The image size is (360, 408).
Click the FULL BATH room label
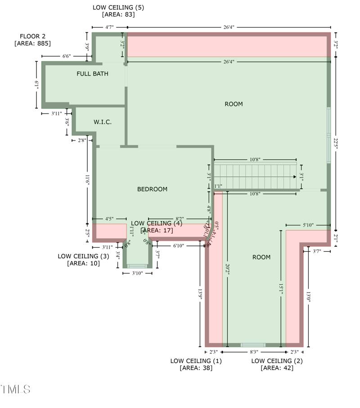(92, 73)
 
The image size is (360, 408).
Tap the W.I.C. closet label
(103, 122)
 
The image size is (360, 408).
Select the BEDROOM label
(152, 189)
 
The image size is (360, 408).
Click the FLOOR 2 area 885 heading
(32, 40)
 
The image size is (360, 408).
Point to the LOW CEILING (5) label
(118, 11)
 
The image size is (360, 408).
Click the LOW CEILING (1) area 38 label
(196, 364)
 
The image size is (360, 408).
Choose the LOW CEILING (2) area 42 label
(277, 364)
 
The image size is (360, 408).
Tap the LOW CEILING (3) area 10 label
(84, 259)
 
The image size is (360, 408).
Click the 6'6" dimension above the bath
(66, 56)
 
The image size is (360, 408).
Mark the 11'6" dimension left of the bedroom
(87, 180)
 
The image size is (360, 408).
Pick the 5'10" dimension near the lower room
(308, 225)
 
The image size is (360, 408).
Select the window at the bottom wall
(253, 345)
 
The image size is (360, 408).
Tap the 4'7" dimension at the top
(109, 27)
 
